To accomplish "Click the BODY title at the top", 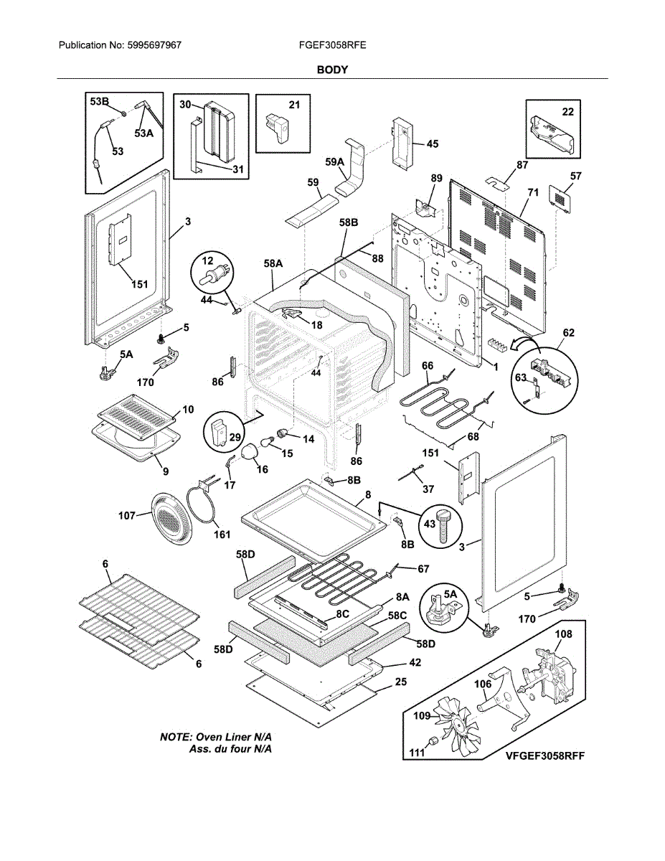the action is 332,70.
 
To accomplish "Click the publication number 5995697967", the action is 154,45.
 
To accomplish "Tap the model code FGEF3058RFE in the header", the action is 333,45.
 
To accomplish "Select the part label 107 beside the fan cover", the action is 127,515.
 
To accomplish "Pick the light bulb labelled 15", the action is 268,441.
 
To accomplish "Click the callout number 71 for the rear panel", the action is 533,192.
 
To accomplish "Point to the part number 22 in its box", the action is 567,112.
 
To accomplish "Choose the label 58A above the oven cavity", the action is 273,263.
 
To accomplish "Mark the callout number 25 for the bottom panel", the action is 400,682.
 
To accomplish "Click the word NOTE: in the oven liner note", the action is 176,737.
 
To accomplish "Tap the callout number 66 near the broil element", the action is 428,366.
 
